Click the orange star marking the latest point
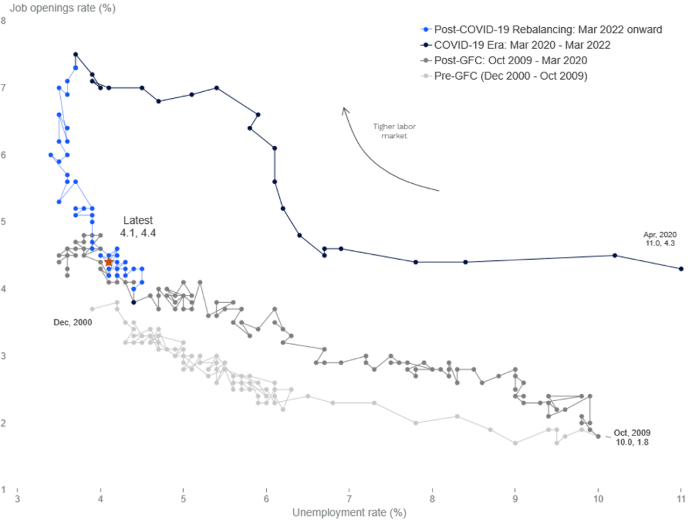[x=109, y=262]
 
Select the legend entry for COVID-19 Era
[x=516, y=45]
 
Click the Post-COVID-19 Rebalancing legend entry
[x=541, y=30]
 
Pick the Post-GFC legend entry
[x=504, y=60]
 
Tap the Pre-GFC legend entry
[x=504, y=76]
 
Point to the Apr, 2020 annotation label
[x=660, y=239]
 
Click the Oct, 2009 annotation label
[x=632, y=438]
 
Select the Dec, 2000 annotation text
[x=73, y=323]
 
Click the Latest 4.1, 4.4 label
[x=138, y=227]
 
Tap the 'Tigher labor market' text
[x=394, y=131]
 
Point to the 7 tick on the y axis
[x=3, y=88]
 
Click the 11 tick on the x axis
[x=681, y=499]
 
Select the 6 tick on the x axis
[x=266, y=499]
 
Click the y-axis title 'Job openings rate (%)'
[x=63, y=8]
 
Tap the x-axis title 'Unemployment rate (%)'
[x=349, y=513]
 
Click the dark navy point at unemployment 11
[x=681, y=269]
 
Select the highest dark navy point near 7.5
[x=76, y=54]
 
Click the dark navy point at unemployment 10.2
[x=615, y=256]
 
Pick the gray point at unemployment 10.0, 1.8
[x=598, y=437]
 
